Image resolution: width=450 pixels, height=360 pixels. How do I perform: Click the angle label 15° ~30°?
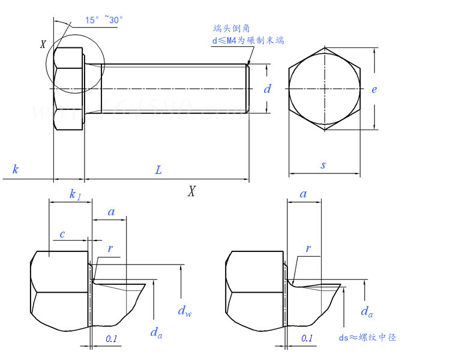tap(104, 20)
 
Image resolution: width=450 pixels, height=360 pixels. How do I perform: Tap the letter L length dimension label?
tap(158, 170)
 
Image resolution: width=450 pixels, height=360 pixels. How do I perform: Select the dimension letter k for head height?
tap(15, 170)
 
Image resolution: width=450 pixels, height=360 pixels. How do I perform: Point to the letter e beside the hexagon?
tap(374, 89)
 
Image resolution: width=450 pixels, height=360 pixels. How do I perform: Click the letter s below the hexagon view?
tap(323, 165)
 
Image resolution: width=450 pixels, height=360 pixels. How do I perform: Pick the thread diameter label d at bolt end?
tap(268, 89)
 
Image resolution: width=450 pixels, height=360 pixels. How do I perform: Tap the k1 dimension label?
tap(74, 194)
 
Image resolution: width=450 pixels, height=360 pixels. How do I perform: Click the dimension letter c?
tap(62, 234)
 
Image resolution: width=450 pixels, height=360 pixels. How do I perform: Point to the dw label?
tap(184, 311)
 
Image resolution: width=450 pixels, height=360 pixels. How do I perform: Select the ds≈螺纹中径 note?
tap(368, 337)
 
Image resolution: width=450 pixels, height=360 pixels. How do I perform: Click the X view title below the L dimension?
tap(192, 191)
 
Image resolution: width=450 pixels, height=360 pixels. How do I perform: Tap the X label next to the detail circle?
tap(43, 44)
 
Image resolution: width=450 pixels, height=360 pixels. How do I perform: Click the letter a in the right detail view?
tap(303, 194)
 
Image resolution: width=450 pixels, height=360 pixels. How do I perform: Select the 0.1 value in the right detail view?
tap(307, 338)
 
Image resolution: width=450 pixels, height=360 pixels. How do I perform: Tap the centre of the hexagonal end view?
tap(325, 89)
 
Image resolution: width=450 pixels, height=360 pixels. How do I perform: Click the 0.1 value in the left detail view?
tap(112, 339)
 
